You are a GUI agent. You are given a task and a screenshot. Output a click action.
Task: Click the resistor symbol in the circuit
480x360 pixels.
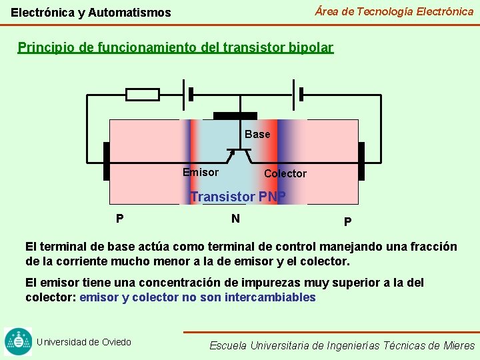(x=143, y=95)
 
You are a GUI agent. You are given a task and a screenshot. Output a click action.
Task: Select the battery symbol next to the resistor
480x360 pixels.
(x=187, y=94)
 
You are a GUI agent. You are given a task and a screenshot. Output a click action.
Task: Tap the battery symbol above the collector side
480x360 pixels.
(x=297, y=94)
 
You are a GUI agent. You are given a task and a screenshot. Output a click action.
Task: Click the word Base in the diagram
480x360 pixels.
(x=257, y=135)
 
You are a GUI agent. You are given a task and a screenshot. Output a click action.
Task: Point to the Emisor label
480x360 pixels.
(x=201, y=173)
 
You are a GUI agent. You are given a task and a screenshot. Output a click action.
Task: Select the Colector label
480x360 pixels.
(x=285, y=174)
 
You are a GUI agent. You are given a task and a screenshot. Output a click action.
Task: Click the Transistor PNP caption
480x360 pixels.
(x=238, y=197)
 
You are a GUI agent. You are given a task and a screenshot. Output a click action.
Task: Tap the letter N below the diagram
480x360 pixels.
(x=235, y=218)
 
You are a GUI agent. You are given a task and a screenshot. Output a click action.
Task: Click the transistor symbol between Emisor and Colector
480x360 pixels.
(x=239, y=155)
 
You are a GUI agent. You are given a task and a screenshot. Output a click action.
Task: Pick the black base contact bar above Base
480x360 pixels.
(x=234, y=116)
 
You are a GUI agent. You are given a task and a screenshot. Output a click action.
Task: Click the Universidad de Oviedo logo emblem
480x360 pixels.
(x=18, y=342)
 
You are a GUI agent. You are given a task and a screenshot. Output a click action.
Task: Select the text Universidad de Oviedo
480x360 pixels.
(x=84, y=342)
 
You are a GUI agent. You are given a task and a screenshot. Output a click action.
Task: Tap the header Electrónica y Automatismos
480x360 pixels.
(x=91, y=13)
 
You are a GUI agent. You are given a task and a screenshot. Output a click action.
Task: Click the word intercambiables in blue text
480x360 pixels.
(x=271, y=297)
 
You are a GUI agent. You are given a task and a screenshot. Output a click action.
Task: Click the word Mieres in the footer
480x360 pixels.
(x=459, y=345)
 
